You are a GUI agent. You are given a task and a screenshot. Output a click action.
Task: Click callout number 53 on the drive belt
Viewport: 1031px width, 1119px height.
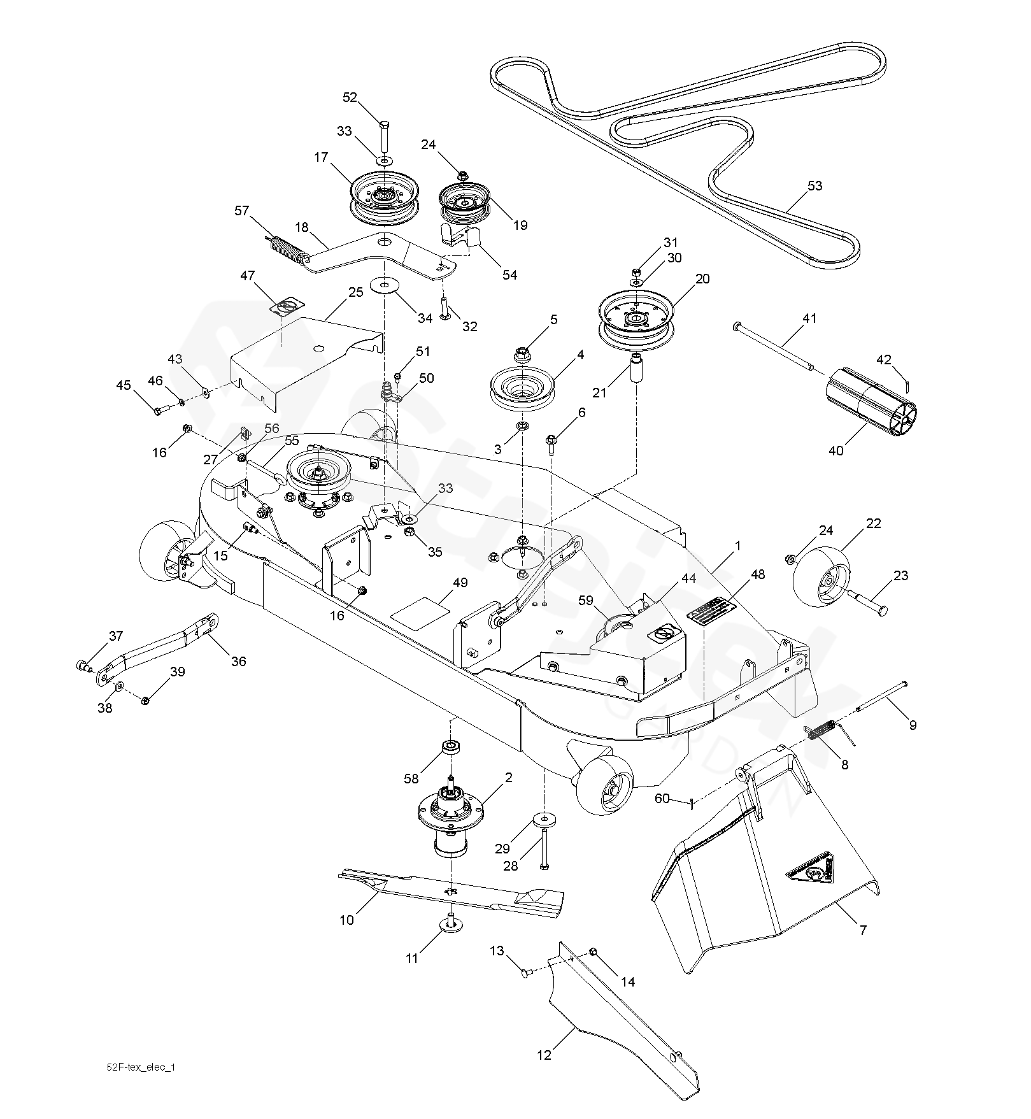(814, 186)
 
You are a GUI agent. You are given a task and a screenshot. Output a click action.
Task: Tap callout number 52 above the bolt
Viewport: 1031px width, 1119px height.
(350, 97)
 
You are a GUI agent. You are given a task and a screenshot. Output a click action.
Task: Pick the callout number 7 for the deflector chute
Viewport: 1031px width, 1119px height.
(863, 930)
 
